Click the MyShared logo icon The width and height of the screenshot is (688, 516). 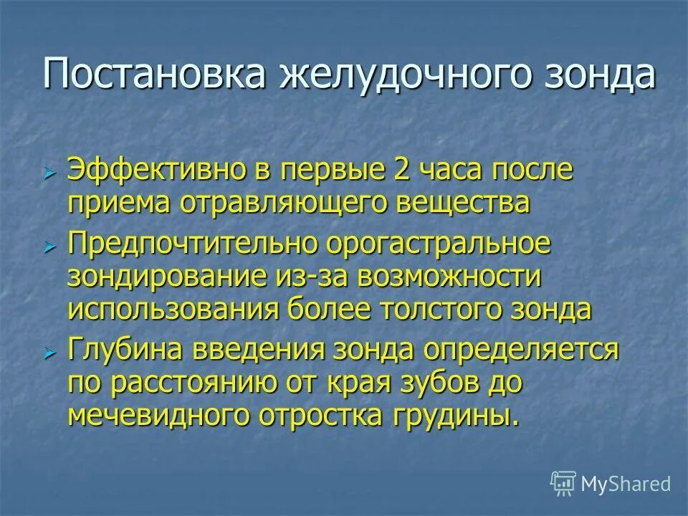point(563,484)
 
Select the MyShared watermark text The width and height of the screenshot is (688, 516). point(626,484)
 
